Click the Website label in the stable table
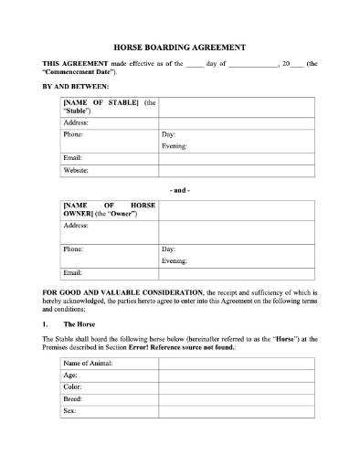[x=76, y=170]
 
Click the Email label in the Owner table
[x=72, y=272]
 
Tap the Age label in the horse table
[x=70, y=376]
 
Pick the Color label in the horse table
[x=72, y=387]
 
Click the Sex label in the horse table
[x=69, y=411]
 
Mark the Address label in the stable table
[x=76, y=122]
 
